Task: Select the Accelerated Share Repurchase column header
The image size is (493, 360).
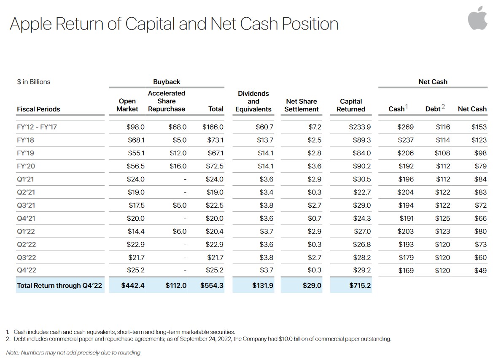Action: (x=167, y=101)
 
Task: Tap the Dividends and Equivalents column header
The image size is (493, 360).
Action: (x=253, y=101)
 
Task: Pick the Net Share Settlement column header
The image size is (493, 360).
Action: (x=302, y=105)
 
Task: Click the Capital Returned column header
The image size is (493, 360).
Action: (x=351, y=105)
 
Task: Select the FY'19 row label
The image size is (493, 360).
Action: (x=26, y=153)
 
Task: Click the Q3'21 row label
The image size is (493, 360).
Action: (x=26, y=206)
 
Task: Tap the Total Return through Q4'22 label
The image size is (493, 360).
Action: (x=59, y=286)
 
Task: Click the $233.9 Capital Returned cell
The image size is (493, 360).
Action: (x=361, y=127)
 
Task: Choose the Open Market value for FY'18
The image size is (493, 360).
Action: (x=135, y=140)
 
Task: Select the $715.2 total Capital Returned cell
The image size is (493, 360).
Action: (x=360, y=286)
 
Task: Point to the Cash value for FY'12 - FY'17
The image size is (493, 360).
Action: (x=405, y=127)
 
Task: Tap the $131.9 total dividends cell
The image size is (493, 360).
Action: (x=263, y=286)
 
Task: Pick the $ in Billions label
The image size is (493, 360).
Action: (x=33, y=82)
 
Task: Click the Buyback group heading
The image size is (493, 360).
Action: (x=167, y=82)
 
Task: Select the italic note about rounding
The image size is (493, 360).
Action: (x=73, y=352)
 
